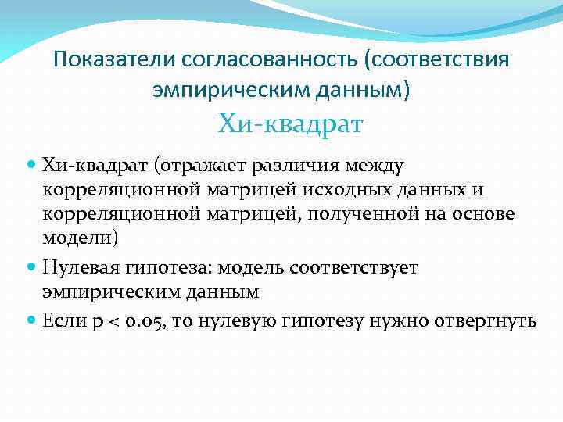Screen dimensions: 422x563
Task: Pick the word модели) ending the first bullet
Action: coord(81,238)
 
